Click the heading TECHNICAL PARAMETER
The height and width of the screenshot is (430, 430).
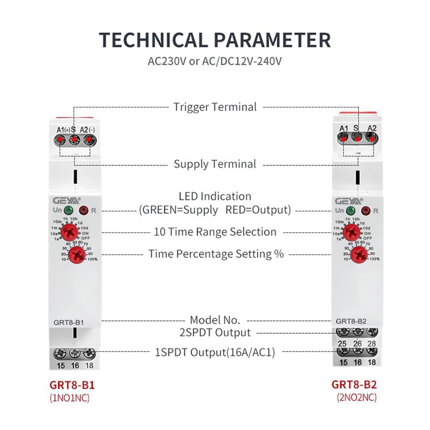pos(215,40)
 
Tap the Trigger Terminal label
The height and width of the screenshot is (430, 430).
pos(215,106)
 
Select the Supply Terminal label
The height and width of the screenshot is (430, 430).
pos(215,163)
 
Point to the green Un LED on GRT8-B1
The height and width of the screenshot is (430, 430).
pos(69,211)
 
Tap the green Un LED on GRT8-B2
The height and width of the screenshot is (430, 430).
pos(352,211)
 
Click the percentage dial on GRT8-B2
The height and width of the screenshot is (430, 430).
pos(360,254)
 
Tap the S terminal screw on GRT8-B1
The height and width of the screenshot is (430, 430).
pos(74,140)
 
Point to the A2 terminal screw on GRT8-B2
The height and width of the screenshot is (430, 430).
pos(370,138)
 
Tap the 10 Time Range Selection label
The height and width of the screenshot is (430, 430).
pos(215,232)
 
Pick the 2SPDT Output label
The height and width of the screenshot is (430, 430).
pos(215,332)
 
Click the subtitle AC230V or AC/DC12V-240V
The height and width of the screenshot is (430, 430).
pos(215,61)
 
